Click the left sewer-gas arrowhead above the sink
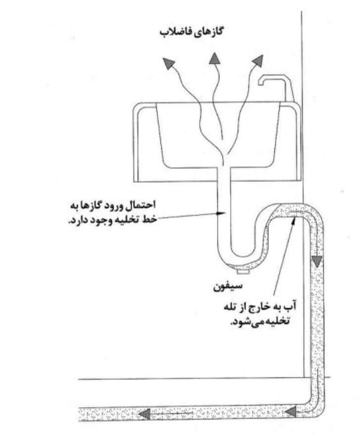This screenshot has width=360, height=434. [168, 63]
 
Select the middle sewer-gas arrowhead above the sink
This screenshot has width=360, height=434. [214, 58]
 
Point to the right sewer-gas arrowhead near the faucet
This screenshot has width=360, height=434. [257, 61]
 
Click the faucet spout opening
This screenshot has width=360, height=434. [261, 82]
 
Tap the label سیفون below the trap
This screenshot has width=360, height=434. [228, 286]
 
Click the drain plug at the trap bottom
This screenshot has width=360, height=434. [244, 272]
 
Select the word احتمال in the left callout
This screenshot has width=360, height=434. [141, 205]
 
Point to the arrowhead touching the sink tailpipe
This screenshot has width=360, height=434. [221, 213]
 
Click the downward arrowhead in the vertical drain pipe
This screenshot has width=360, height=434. [317, 262]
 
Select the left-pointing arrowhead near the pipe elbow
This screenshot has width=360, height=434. [290, 412]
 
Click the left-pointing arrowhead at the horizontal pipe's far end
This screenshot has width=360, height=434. [145, 414]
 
